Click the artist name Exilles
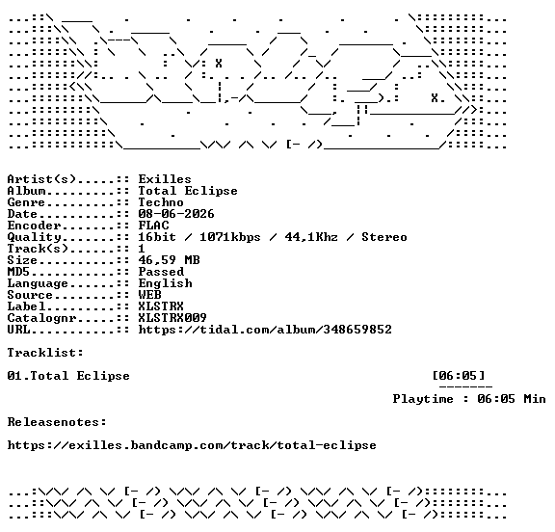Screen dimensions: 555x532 pyautogui.click(x=165, y=179)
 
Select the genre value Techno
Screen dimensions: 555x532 pyautogui.click(x=161, y=202)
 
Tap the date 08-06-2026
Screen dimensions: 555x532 pyautogui.click(x=176, y=214)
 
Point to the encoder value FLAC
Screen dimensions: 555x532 pyautogui.click(x=153, y=226)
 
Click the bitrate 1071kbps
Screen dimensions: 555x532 pyautogui.click(x=230, y=237)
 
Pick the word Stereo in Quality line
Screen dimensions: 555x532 pyautogui.click(x=384, y=237)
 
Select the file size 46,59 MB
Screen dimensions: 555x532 pyautogui.click(x=170, y=260)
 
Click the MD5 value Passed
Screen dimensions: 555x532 pyautogui.click(x=161, y=272)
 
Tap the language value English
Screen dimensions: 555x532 pyautogui.click(x=166, y=283)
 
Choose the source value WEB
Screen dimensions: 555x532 pyautogui.click(x=149, y=295)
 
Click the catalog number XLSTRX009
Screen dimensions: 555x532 pyautogui.click(x=172, y=318)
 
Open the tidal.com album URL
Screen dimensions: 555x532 pyautogui.click(x=265, y=330)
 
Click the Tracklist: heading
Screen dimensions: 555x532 pyautogui.click(x=45, y=353)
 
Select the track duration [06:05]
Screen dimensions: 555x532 pyautogui.click(x=459, y=376)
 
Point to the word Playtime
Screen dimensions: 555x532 pyautogui.click(x=423, y=399)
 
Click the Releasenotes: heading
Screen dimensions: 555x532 pyautogui.click(x=57, y=422)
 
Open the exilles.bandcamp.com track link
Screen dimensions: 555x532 pyautogui.click(x=192, y=445)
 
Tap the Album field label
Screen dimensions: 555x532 pyautogui.click(x=27, y=191)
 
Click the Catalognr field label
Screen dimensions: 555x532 pyautogui.click(x=41, y=318)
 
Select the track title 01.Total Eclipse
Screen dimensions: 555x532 pyautogui.click(x=68, y=376)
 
